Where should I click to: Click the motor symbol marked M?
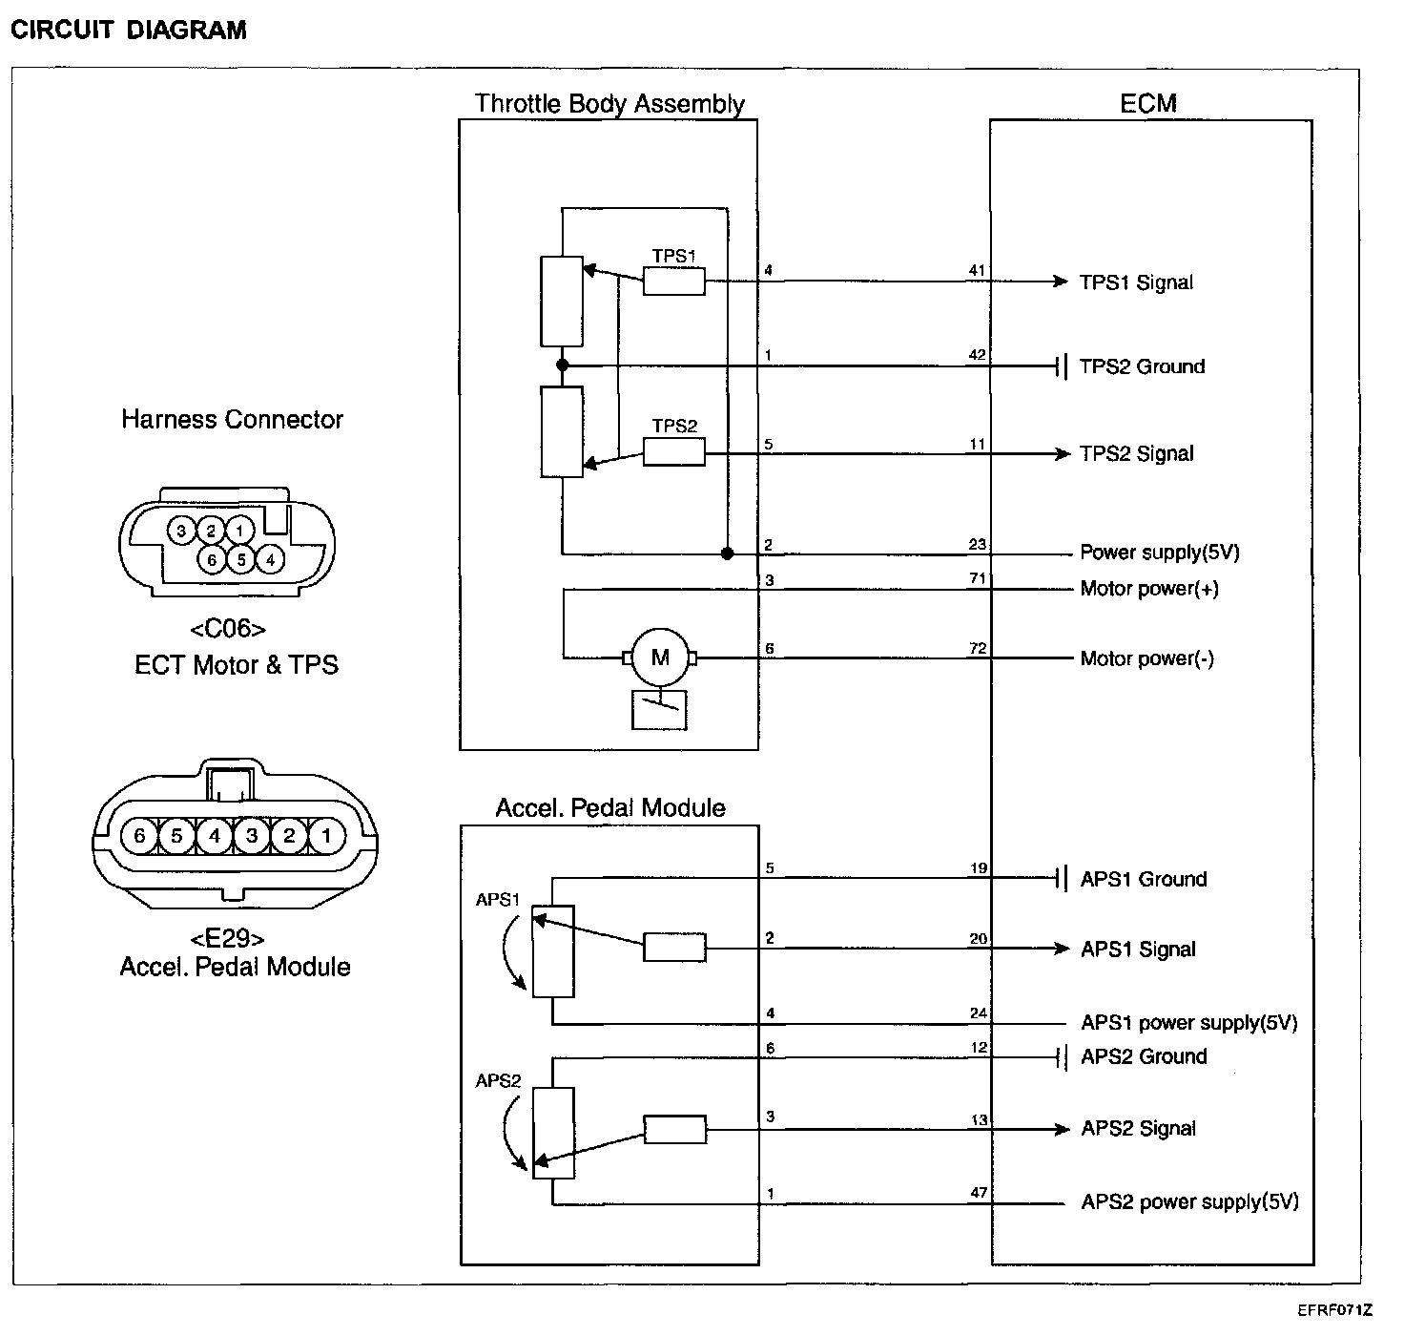click(660, 658)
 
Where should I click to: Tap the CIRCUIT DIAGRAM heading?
click(129, 30)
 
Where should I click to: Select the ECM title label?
click(1147, 104)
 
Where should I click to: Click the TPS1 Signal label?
click(1135, 282)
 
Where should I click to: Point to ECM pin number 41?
click(977, 270)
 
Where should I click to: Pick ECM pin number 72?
click(978, 648)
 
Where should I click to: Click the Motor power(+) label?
click(1149, 589)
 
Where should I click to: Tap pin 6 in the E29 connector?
click(140, 835)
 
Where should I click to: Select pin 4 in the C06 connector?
click(270, 560)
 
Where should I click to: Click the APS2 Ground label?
click(1144, 1056)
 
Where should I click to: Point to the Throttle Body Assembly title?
click(609, 104)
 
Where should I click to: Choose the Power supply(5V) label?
click(1159, 553)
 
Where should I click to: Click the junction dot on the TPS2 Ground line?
click(562, 365)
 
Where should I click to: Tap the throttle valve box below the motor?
click(659, 710)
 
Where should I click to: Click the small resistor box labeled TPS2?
click(674, 452)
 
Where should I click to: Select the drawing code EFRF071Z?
click(1334, 1310)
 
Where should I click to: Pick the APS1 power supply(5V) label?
click(1189, 1022)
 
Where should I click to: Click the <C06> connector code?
click(228, 629)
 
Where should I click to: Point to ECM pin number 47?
click(979, 1193)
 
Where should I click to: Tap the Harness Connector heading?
click(232, 419)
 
